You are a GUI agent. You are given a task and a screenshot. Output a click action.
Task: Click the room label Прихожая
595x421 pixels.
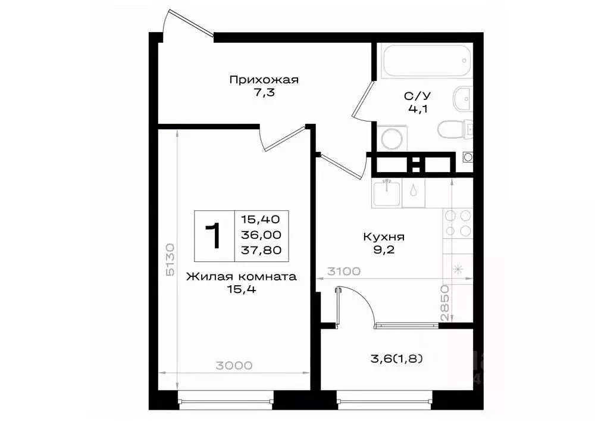264,79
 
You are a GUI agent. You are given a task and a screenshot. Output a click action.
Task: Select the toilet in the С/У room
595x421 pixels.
455,128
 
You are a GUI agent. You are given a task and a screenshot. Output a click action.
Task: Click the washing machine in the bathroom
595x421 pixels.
392,138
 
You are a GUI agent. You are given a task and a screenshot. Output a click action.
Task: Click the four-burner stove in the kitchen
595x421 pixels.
458,223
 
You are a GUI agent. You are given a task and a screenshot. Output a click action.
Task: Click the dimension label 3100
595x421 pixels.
343,272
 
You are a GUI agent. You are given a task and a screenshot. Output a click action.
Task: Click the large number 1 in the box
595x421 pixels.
213,235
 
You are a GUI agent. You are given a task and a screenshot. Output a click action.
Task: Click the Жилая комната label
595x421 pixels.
241,276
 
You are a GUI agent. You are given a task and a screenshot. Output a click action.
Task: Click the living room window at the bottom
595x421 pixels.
226,403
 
